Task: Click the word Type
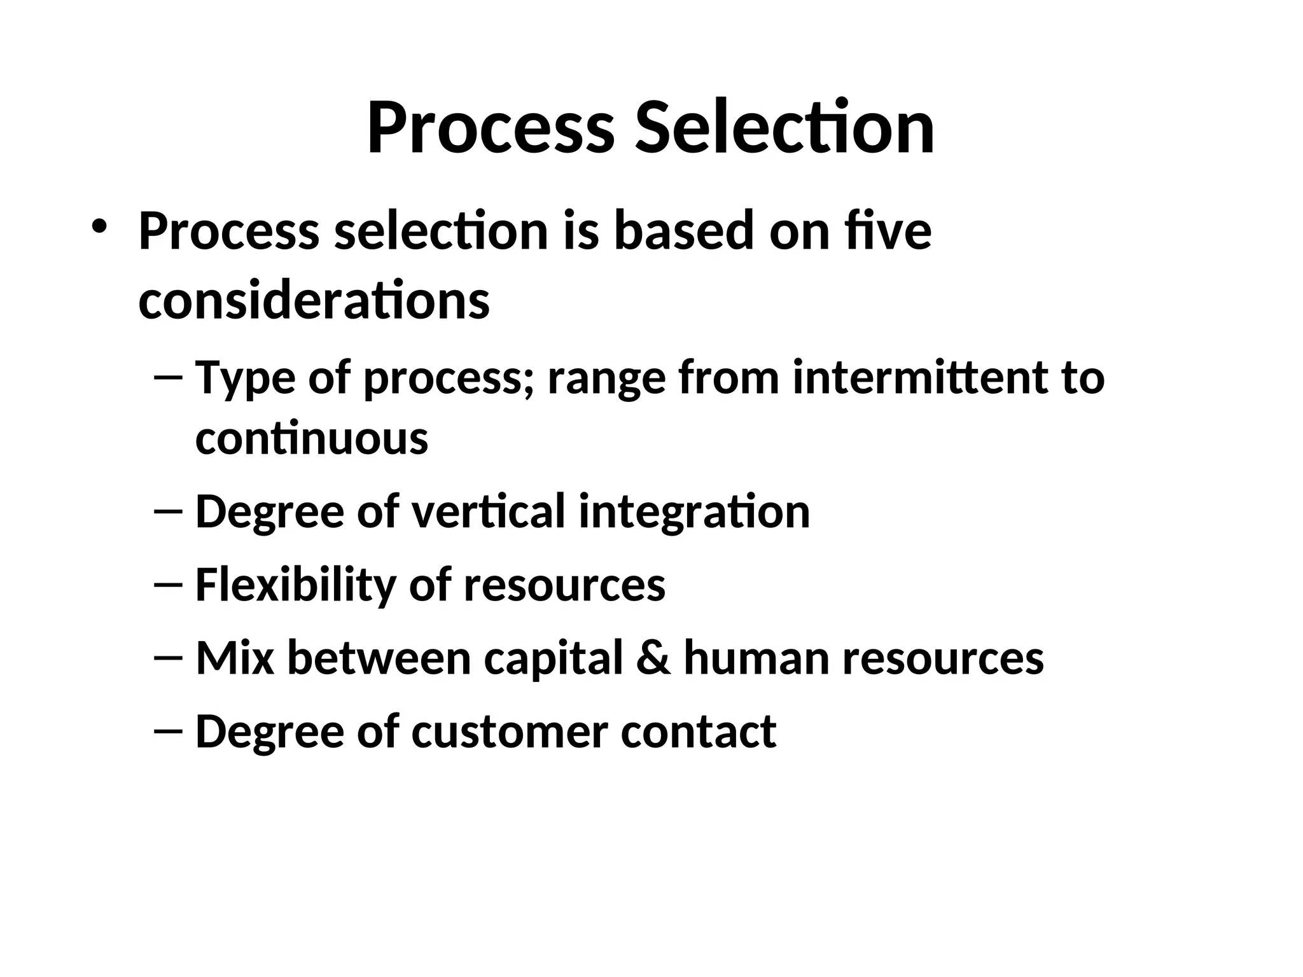click(244, 379)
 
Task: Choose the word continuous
click(311, 438)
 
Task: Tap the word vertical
click(488, 511)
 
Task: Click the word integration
click(694, 513)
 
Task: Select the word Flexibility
click(295, 585)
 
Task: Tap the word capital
click(553, 659)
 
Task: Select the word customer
click(510, 731)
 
